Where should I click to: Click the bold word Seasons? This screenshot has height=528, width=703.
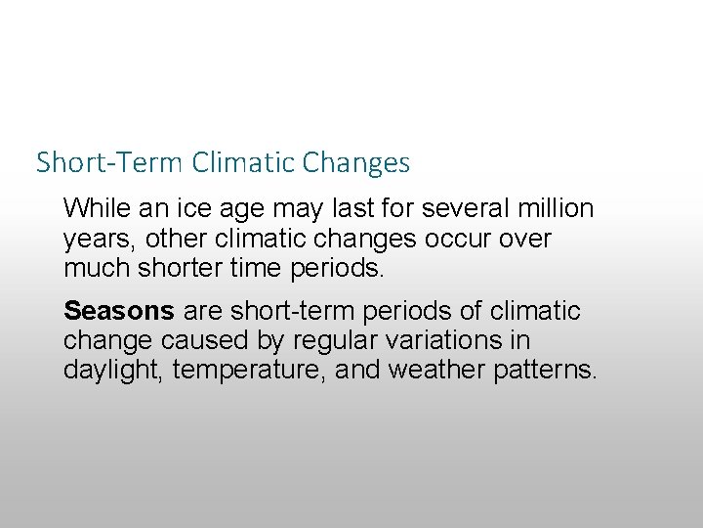click(118, 311)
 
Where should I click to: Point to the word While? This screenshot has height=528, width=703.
click(93, 208)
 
